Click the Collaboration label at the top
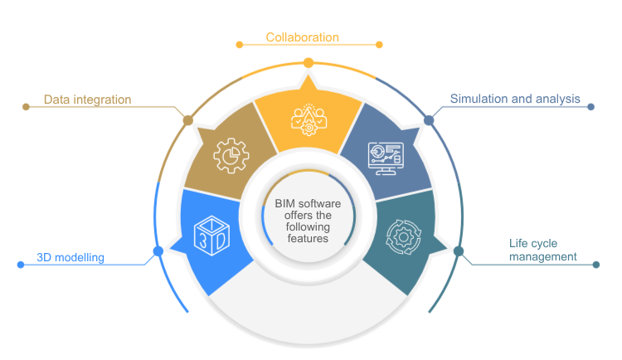pyautogui.click(x=303, y=37)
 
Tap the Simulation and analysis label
pyautogui.click(x=514, y=99)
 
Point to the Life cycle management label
pyautogui.click(x=542, y=250)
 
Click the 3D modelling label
pyautogui.click(x=70, y=258)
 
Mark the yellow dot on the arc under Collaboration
pyautogui.click(x=309, y=62)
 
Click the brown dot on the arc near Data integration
pyautogui.click(x=187, y=120)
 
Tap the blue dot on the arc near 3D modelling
pyautogui.click(x=158, y=251)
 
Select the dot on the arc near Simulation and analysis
pyautogui.click(x=429, y=120)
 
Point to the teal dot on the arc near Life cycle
pyautogui.click(x=459, y=251)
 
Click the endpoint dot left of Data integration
pyautogui.click(x=25, y=106)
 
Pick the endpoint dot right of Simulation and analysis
pyautogui.click(x=590, y=106)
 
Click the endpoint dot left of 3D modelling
pyautogui.click(x=21, y=265)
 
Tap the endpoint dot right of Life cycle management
pyautogui.click(x=595, y=265)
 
